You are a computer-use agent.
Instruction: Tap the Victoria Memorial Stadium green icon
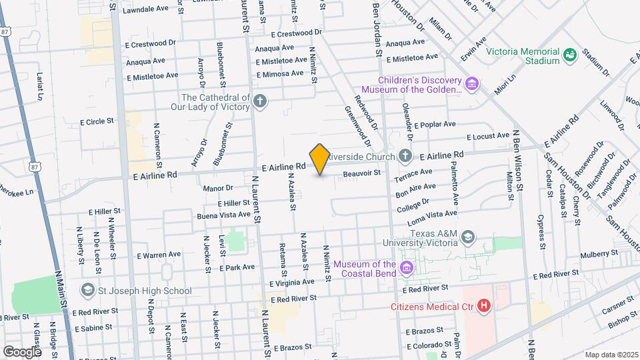pos(569,55)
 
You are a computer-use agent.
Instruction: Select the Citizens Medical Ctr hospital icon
pos(485,307)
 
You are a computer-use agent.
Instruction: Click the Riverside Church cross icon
pos(405,157)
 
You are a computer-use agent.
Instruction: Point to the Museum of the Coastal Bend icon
pos(406,269)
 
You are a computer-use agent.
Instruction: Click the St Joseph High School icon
pos(87,290)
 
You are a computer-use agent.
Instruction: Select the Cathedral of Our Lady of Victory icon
pos(260,101)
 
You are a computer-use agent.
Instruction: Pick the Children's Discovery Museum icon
pos(472,83)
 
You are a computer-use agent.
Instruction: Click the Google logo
pos(22,351)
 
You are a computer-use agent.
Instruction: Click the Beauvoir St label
pos(361,173)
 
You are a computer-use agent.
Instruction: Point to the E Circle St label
pos(97,122)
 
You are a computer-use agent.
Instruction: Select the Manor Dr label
pos(219,189)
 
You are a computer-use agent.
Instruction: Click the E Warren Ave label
pos(159,255)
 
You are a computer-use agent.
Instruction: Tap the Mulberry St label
pos(599,253)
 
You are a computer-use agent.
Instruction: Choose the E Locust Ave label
pos(488,137)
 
